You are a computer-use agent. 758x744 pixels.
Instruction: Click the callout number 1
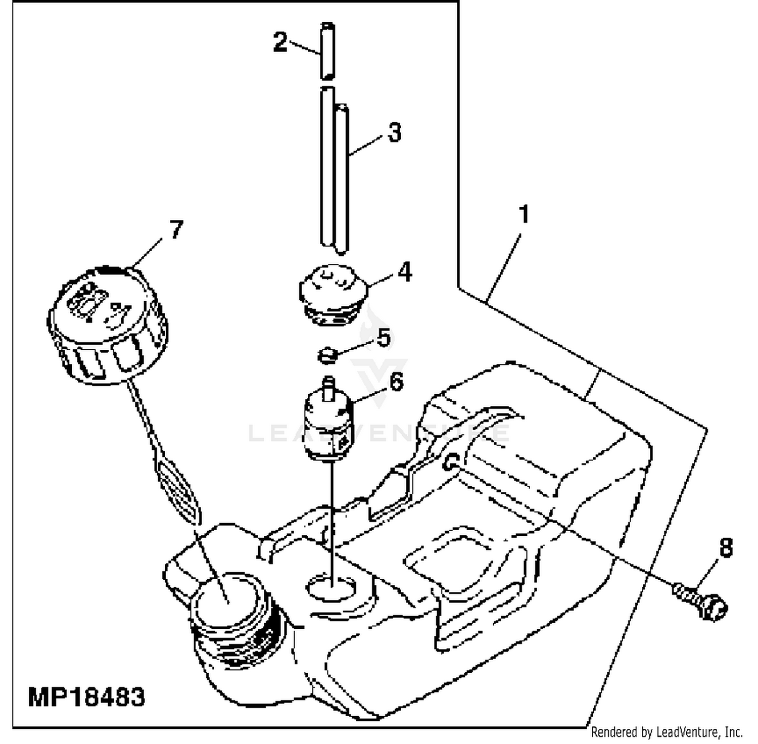point(524,214)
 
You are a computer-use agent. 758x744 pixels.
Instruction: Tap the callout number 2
point(280,41)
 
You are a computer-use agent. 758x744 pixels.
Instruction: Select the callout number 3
point(394,132)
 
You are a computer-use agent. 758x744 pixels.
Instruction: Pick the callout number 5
point(384,337)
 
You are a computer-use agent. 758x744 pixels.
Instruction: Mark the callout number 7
point(176,229)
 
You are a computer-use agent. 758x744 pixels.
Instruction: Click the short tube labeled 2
point(327,51)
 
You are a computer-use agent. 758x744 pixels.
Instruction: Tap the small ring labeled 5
point(327,355)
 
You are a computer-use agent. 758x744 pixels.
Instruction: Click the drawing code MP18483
point(86,697)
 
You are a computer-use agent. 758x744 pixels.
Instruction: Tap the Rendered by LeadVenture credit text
point(667,731)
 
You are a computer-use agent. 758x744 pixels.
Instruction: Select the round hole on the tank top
point(331,587)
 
